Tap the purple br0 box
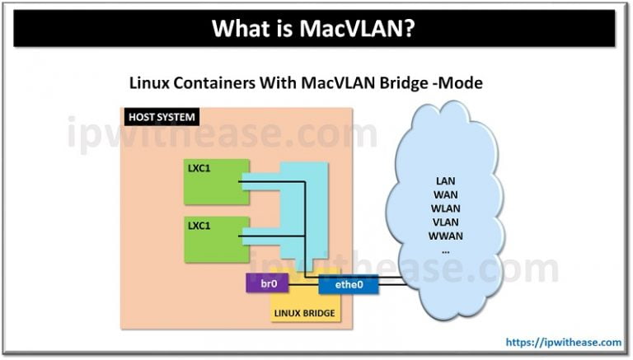(x=268, y=284)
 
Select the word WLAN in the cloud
(x=445, y=208)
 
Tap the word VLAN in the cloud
(x=445, y=222)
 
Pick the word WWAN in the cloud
(x=445, y=236)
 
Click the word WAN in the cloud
(x=445, y=194)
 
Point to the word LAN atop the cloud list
(x=445, y=180)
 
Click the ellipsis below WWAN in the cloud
(x=445, y=249)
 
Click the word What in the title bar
(x=239, y=30)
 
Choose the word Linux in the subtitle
(x=148, y=83)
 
